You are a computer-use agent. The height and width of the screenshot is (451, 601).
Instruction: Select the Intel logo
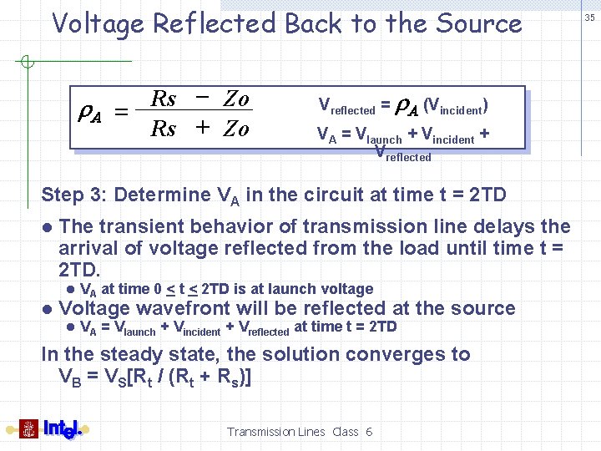62,428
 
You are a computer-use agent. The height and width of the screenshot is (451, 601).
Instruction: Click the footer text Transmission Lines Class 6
299,432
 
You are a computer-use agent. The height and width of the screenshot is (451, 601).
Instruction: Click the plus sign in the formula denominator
201,129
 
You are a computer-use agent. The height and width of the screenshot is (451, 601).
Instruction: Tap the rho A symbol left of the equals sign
95,114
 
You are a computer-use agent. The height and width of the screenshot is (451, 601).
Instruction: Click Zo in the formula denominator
235,129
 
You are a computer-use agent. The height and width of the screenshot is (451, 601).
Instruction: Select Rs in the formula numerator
164,99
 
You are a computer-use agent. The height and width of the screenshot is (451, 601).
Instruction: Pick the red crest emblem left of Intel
29,428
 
